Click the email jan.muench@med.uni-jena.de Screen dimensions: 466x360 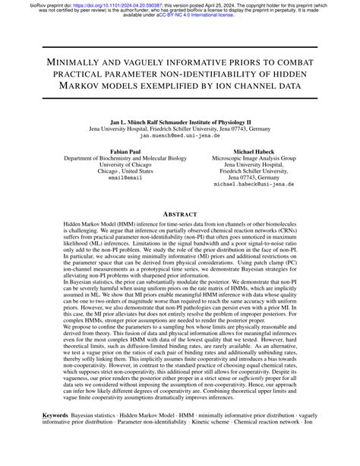pos(180,135)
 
